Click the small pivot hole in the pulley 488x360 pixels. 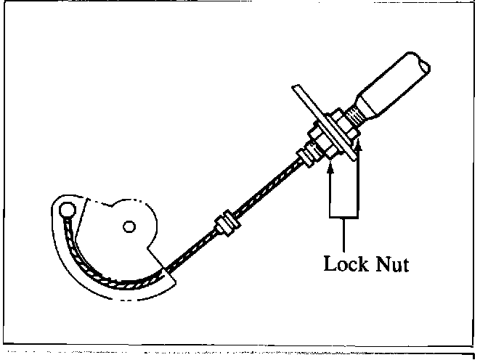pyautogui.click(x=129, y=227)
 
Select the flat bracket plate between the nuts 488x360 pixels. pyautogui.click(x=327, y=123)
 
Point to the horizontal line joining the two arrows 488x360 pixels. pyautogui.click(x=344, y=216)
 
